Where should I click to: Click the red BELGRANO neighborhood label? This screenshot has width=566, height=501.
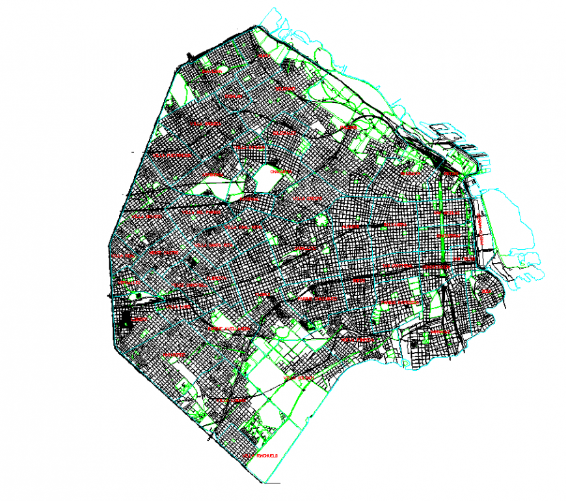point(285,88)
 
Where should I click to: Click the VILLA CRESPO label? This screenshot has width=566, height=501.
point(307,198)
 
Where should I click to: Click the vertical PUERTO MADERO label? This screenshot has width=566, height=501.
point(480,228)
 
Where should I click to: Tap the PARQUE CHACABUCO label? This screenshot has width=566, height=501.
point(314,299)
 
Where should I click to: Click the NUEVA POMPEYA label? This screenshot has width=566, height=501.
point(357,339)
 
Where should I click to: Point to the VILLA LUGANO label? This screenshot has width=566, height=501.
point(232,401)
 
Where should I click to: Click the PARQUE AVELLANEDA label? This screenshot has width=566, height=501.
point(228,329)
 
